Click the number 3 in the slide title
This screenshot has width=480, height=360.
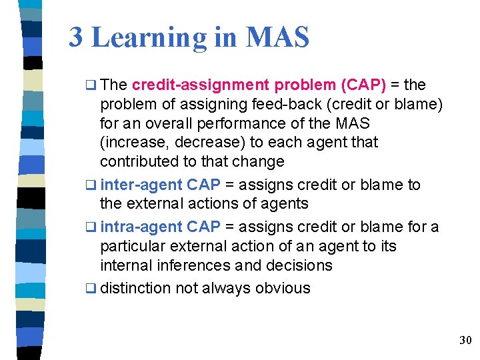(x=76, y=37)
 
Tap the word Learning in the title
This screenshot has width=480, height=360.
(x=149, y=39)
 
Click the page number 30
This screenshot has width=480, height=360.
(x=465, y=341)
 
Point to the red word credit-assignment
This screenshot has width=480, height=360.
(x=201, y=85)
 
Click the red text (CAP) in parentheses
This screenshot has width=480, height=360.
(x=363, y=85)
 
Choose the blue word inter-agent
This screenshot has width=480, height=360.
(x=141, y=185)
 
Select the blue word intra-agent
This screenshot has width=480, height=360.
(x=141, y=227)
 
